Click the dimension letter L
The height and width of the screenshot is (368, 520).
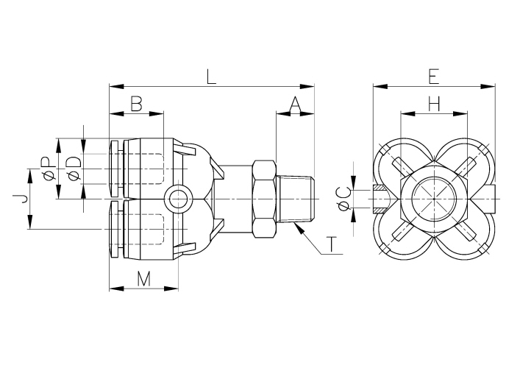point(212,76)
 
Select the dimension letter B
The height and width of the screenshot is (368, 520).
point(136,105)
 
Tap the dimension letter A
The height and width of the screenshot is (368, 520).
point(295,105)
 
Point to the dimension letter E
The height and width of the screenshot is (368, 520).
point(433,76)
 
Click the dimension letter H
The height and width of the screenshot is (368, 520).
point(434,105)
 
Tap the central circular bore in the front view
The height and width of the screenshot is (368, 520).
point(433,199)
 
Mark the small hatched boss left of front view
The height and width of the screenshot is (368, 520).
point(382,199)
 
